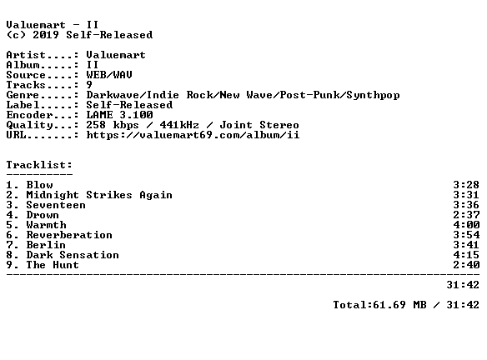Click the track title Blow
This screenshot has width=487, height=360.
[x=39, y=185]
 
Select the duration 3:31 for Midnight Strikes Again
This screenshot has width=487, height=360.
[x=466, y=195]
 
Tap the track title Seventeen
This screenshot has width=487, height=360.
[x=56, y=205]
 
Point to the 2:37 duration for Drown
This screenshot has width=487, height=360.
[x=466, y=215]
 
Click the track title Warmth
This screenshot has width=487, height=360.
[x=46, y=225]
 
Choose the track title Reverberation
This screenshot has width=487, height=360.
[x=69, y=235]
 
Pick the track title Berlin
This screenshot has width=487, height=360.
[x=46, y=244]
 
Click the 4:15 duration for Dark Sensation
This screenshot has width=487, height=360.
[x=466, y=255]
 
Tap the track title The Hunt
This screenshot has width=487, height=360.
[x=53, y=265]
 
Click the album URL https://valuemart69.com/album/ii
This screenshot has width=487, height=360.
[x=193, y=135]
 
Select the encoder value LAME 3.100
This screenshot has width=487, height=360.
[x=119, y=115]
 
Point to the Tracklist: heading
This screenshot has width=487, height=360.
[x=39, y=165]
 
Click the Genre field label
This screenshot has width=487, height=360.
[x=23, y=95]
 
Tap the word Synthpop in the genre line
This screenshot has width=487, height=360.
[x=373, y=95]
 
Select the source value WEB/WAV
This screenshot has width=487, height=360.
[x=109, y=75]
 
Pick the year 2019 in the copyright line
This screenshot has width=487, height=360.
[x=46, y=35]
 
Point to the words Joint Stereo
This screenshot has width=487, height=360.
[x=259, y=125]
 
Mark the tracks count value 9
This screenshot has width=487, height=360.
[x=89, y=85]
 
